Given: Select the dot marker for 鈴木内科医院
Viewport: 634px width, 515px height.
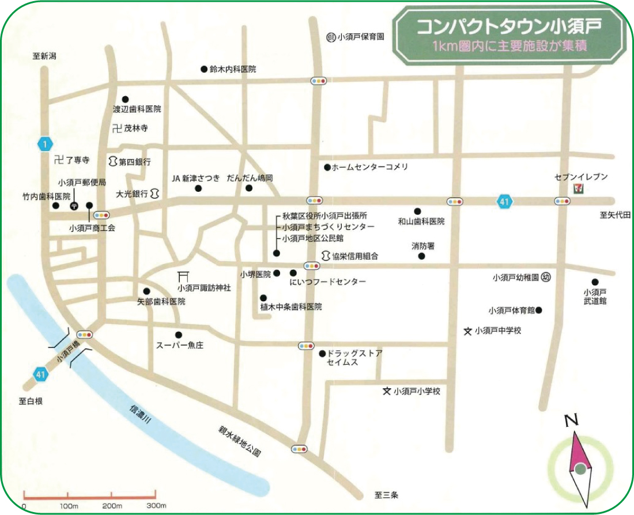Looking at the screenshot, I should click(204, 69).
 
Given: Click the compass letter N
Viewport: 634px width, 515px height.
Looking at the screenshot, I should click(571, 421).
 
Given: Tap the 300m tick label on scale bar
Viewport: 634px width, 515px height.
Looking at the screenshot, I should click(156, 506).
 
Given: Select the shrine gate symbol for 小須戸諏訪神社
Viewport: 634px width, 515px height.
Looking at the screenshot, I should click(184, 277).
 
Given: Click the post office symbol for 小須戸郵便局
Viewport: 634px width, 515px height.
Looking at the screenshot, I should click(74, 205).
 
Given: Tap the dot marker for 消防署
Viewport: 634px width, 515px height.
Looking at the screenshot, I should click(421, 256).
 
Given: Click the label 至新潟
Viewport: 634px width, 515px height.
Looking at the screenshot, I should click(44, 56).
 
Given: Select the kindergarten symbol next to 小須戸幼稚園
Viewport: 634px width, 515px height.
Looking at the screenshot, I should click(546, 277).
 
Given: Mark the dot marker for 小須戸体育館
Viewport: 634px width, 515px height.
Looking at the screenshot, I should click(539, 310).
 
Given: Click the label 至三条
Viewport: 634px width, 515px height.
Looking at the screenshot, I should click(387, 494).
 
